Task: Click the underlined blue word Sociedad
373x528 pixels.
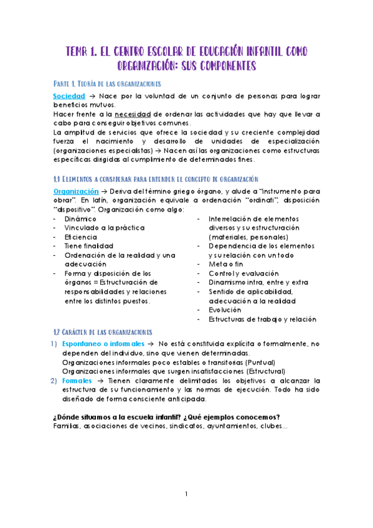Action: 68,97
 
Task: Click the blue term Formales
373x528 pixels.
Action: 75,380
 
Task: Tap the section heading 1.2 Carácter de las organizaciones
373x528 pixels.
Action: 102,331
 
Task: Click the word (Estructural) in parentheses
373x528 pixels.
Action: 255,371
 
